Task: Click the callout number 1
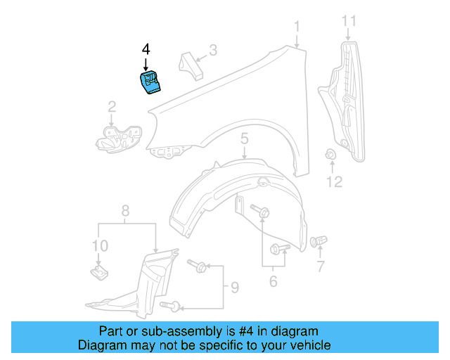[297, 27]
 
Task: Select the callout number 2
[112, 107]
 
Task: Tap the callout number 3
[213, 51]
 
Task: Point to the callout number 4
[146, 49]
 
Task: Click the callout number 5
[244, 139]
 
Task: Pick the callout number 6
[273, 282]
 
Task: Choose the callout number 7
[321, 266]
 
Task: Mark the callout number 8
[126, 210]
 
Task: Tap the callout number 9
[234, 287]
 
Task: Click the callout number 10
[100, 245]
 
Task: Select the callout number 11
[349, 22]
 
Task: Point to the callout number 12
[333, 182]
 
